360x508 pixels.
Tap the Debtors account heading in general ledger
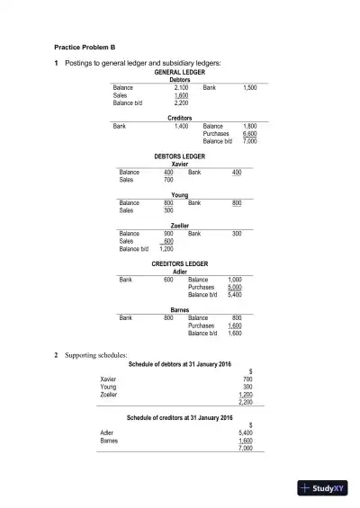tap(180, 79)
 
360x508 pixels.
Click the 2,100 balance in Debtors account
tap(180, 87)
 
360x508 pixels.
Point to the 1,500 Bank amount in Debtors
tap(250, 87)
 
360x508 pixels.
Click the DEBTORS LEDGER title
tap(180, 156)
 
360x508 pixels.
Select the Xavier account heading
tap(180, 164)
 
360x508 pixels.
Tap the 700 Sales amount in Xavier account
tap(169, 180)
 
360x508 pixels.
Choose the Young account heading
tap(180, 195)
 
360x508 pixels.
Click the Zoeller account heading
tap(180, 226)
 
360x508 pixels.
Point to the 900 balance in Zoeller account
tap(168, 234)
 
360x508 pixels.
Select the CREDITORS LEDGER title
tap(180, 264)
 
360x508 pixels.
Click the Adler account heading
tap(180, 272)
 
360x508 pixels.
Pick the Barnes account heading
tap(180, 309)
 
